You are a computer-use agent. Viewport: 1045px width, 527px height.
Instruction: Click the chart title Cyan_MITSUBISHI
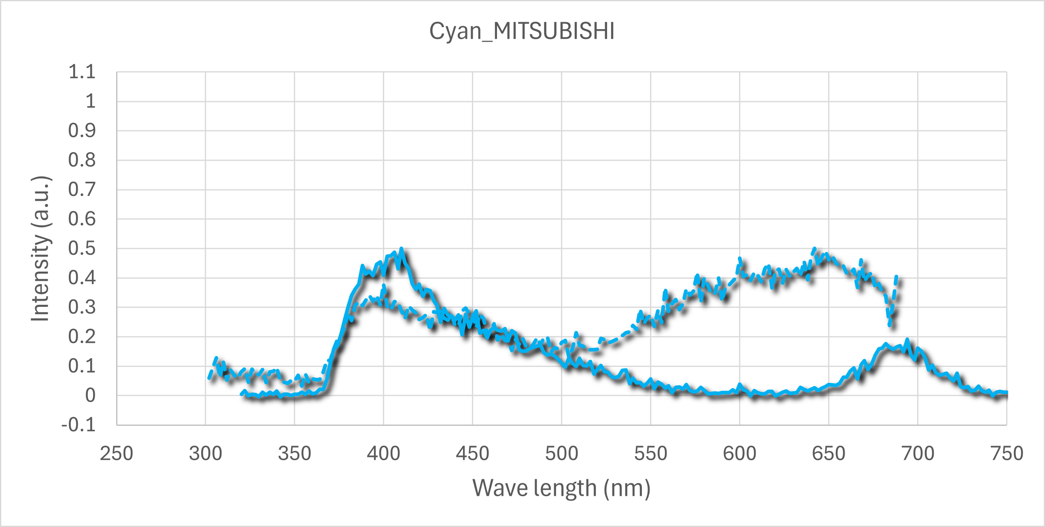522,31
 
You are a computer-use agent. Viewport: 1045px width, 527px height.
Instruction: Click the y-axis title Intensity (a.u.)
40,249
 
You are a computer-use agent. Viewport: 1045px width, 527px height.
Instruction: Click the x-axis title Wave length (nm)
561,488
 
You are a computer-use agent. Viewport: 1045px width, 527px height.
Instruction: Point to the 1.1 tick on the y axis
82,72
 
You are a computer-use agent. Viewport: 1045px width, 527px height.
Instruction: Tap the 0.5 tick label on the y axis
82,249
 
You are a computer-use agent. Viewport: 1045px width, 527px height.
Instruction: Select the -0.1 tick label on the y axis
79,425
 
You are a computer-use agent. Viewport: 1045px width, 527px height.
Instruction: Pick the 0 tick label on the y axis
91,395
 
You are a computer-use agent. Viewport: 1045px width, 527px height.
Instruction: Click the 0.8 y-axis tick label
82,160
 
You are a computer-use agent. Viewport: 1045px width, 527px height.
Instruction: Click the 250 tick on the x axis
117,454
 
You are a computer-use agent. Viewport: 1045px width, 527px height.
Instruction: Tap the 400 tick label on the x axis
383,454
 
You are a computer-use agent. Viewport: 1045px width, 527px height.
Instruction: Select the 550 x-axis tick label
650,454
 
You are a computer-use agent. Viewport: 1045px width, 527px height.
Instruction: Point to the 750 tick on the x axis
1007,454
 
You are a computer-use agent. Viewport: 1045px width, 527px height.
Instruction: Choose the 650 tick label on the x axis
828,454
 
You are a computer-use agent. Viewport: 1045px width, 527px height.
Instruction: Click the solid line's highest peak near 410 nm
401,248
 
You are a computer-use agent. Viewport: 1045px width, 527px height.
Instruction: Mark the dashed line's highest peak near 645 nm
814,249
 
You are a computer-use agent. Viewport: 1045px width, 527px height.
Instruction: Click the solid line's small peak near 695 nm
907,340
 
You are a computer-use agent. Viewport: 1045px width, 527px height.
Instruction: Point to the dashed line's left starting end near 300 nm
209,378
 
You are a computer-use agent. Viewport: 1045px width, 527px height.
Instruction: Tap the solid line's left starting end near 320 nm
242,393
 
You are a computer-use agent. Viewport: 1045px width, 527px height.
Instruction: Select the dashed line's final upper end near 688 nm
896,277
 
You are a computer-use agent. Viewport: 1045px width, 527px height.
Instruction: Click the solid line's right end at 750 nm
1006,393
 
